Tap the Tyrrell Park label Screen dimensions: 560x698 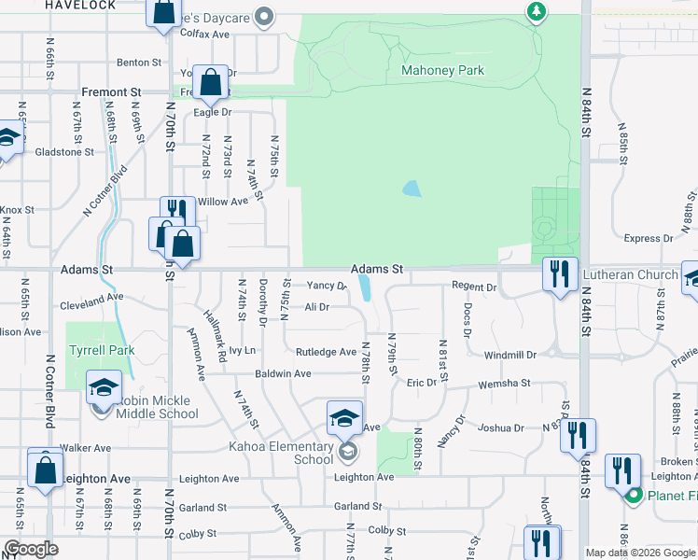(x=101, y=351)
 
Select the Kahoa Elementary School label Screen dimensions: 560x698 (x=281, y=453)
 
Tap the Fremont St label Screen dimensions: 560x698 (x=111, y=93)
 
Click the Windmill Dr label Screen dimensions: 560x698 (x=510, y=356)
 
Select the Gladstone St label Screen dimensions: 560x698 (x=63, y=151)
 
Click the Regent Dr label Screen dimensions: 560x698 (x=475, y=287)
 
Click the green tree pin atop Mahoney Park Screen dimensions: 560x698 (x=536, y=12)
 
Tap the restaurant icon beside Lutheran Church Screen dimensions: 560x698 (x=560, y=273)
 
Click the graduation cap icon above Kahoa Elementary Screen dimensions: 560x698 (x=344, y=417)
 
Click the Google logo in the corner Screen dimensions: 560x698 (x=31, y=550)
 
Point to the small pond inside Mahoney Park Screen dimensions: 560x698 (x=411, y=189)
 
